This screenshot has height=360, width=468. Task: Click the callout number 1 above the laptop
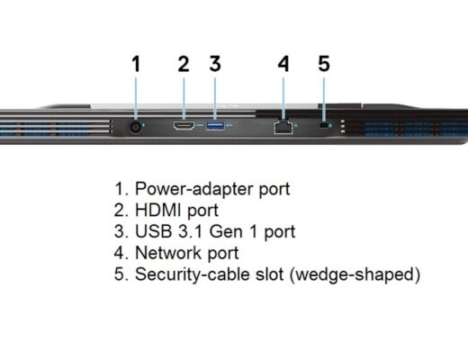[x=137, y=64]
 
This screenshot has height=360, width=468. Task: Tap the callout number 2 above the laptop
[x=184, y=64]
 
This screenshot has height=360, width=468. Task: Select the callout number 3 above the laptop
[x=215, y=64]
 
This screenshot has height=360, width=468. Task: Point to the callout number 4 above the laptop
[x=283, y=64]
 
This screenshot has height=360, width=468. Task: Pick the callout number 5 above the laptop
[x=324, y=64]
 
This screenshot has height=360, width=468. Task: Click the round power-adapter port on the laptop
[x=136, y=128]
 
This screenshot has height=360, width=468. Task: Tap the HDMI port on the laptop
[x=184, y=125]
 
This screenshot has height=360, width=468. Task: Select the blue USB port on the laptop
[x=215, y=126]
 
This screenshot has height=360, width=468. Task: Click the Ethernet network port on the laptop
[x=283, y=127]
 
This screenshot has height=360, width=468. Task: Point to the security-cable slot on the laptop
[x=323, y=125]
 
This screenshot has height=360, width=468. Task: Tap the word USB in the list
[x=154, y=231]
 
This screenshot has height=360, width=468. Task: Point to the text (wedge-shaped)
[x=355, y=274]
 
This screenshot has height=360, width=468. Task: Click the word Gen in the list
[x=226, y=231]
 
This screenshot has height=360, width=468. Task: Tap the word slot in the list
[x=269, y=274]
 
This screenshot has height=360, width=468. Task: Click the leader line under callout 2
[x=184, y=99]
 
